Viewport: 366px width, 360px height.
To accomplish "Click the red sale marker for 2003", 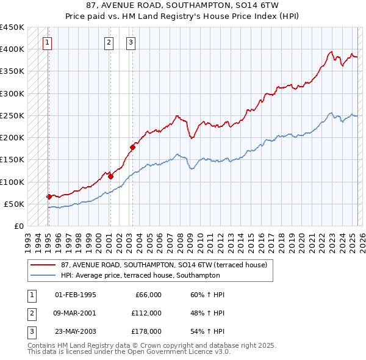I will [132, 147].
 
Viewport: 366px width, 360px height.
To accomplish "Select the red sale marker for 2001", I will [110, 176].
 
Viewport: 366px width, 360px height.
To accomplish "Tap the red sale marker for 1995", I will [49, 196].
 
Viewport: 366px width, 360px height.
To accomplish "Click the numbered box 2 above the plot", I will [109, 43].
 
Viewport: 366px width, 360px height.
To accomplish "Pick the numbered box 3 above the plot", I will [131, 43].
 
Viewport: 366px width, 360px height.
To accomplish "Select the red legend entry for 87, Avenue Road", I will [163, 265].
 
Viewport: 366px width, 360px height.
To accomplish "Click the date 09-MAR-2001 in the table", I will [76, 313].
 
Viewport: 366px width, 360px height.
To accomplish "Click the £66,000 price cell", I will [148, 295].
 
